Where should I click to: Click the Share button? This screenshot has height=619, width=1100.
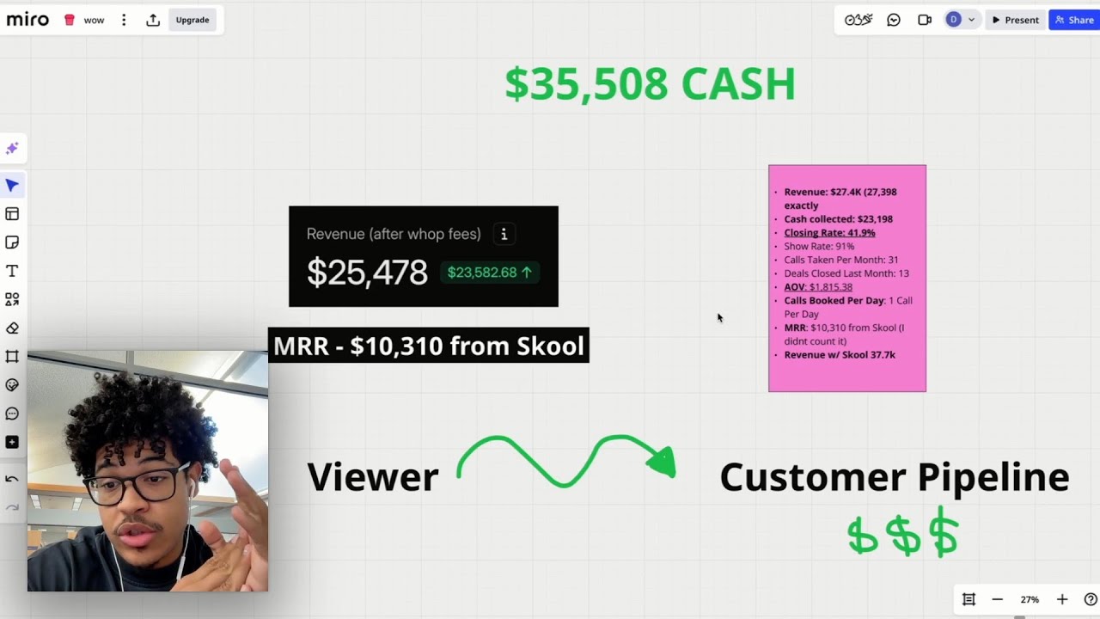(1074, 20)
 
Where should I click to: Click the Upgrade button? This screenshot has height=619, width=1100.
(192, 20)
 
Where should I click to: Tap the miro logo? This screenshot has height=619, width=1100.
(28, 20)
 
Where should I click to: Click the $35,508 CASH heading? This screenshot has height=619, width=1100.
(650, 84)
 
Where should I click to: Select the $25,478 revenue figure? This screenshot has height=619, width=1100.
(367, 273)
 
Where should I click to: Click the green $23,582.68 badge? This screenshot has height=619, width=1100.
(490, 273)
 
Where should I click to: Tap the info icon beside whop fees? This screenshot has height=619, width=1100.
(504, 234)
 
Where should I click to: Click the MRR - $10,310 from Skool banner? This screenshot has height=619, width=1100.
(428, 346)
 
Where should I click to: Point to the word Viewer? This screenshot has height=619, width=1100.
(373, 476)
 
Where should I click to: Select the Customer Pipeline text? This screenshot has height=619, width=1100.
(894, 476)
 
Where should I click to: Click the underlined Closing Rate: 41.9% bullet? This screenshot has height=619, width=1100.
(829, 233)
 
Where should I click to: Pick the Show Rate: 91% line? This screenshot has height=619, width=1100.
(819, 246)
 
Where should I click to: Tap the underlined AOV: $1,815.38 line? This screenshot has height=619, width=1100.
(818, 287)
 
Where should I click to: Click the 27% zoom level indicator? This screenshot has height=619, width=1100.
(1030, 599)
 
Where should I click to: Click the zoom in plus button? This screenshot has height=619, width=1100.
(1062, 599)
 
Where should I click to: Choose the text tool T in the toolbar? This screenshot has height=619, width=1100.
(12, 271)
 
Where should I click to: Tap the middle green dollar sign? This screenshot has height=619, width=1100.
(903, 535)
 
